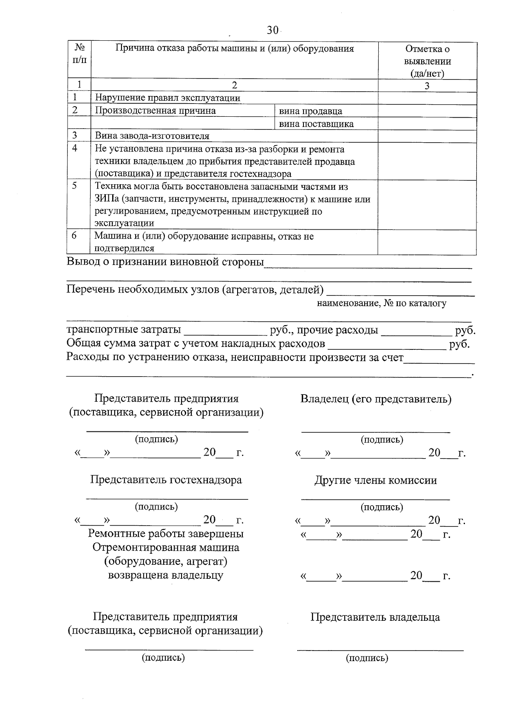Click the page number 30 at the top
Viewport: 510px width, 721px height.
272,30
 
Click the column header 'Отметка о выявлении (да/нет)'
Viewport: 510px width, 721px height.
427,61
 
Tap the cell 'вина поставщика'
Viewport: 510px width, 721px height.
316,124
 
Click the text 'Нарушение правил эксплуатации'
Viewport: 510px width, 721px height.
167,98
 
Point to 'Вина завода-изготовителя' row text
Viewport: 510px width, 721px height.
152,136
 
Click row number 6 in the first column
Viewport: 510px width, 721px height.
74,236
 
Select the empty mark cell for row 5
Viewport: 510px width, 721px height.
427,205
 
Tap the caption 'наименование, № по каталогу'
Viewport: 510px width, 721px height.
381,303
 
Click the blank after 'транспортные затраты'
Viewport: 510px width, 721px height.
224,331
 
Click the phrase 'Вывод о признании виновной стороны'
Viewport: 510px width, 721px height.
165,262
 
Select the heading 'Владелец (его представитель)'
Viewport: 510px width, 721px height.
376,399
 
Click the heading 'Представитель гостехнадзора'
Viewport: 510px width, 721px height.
166,480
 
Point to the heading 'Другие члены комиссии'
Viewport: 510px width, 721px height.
375,480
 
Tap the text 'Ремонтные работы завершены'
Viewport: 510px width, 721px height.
166,534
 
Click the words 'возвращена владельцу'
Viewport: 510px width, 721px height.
166,576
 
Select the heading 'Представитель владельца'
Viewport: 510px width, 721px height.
375,617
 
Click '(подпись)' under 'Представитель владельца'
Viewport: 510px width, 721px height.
367,659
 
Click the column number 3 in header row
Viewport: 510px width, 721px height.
427,86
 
